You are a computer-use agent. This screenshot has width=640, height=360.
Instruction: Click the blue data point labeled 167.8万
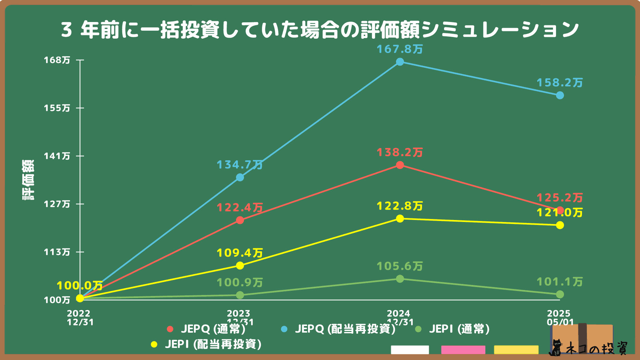pyautogui.click(x=400, y=62)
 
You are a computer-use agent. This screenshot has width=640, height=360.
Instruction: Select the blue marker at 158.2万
pyautogui.click(x=560, y=95)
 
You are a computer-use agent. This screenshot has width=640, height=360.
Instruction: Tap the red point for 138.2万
pyautogui.click(x=400, y=165)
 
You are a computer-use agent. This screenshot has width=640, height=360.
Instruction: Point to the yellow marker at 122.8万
pyautogui.click(x=400, y=219)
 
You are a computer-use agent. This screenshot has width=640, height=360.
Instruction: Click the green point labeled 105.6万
pyautogui.click(x=400, y=279)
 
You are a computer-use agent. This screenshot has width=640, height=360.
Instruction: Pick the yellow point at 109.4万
pyautogui.click(x=240, y=265)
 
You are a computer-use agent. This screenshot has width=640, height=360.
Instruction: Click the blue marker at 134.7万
pyautogui.click(x=240, y=177)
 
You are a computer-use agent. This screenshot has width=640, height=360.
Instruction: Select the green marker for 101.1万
pyautogui.click(x=560, y=294)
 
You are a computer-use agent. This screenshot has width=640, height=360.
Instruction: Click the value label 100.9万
pyautogui.click(x=240, y=283)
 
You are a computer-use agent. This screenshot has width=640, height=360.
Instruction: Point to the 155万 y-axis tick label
pyautogui.click(x=57, y=108)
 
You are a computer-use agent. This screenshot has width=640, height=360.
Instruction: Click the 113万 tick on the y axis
pyautogui.click(x=57, y=252)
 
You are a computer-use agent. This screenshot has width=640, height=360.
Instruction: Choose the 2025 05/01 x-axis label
pyautogui.click(x=560, y=318)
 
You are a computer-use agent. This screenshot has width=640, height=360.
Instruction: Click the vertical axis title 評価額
pyautogui.click(x=28, y=180)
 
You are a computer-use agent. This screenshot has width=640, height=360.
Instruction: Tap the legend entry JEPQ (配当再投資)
pyautogui.click(x=345, y=329)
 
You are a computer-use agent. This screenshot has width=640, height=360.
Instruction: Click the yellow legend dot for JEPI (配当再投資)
pyautogui.click(x=154, y=344)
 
